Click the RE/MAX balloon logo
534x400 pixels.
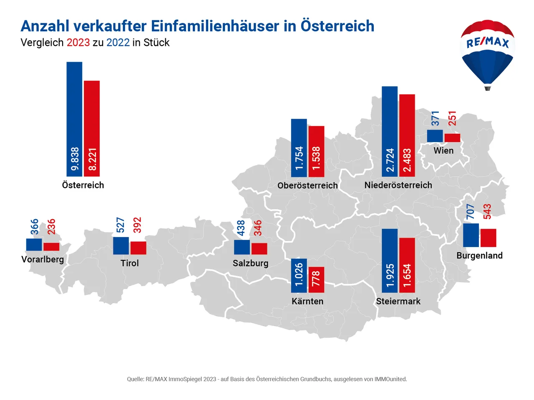pos(487,54)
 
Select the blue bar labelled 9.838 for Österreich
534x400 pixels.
pos(74,119)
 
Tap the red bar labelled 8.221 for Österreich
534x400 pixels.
pos(92,128)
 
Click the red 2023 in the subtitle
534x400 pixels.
pos(78,42)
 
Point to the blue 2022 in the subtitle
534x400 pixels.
pos(118,42)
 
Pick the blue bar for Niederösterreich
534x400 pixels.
pos(390,131)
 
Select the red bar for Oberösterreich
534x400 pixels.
pos(316,151)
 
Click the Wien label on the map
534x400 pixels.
pos(443,151)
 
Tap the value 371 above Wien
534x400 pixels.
pos(435,118)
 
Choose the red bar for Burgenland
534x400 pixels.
pos(488,237)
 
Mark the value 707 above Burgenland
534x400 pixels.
pos(471,212)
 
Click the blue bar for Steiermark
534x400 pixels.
pos(390,260)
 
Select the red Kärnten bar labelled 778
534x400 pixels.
pos(316,279)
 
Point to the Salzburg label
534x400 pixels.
pos(250,263)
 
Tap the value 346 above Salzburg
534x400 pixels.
pos(258,228)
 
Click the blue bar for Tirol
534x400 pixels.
pos(121,245)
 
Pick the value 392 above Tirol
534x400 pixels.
pos(137,225)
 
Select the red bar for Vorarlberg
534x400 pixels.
pos(51,246)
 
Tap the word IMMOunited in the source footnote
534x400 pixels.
pos(390,379)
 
